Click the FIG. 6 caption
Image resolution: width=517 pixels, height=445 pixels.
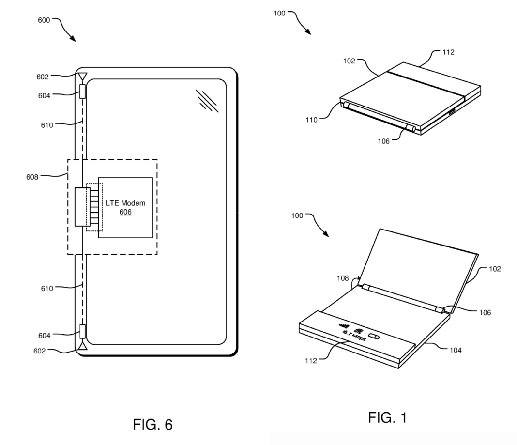click(152, 425)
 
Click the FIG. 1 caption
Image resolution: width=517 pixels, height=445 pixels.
click(387, 417)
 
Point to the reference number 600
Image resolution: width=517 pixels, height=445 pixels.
click(44, 20)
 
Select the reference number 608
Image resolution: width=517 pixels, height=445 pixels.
click(32, 177)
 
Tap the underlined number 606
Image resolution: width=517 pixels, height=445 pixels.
click(125, 212)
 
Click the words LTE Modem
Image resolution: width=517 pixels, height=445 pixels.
click(125, 203)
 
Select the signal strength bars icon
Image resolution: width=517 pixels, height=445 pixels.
click(343, 325)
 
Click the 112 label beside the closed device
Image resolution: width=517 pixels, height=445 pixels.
click(448, 52)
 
